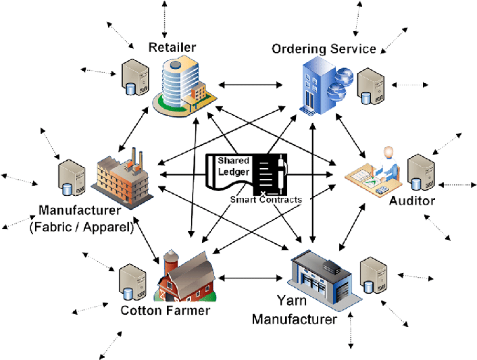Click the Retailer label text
click(x=172, y=47)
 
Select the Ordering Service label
click(x=323, y=49)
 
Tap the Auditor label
click(x=412, y=201)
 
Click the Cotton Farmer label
click(x=165, y=311)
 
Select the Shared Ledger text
click(x=233, y=166)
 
